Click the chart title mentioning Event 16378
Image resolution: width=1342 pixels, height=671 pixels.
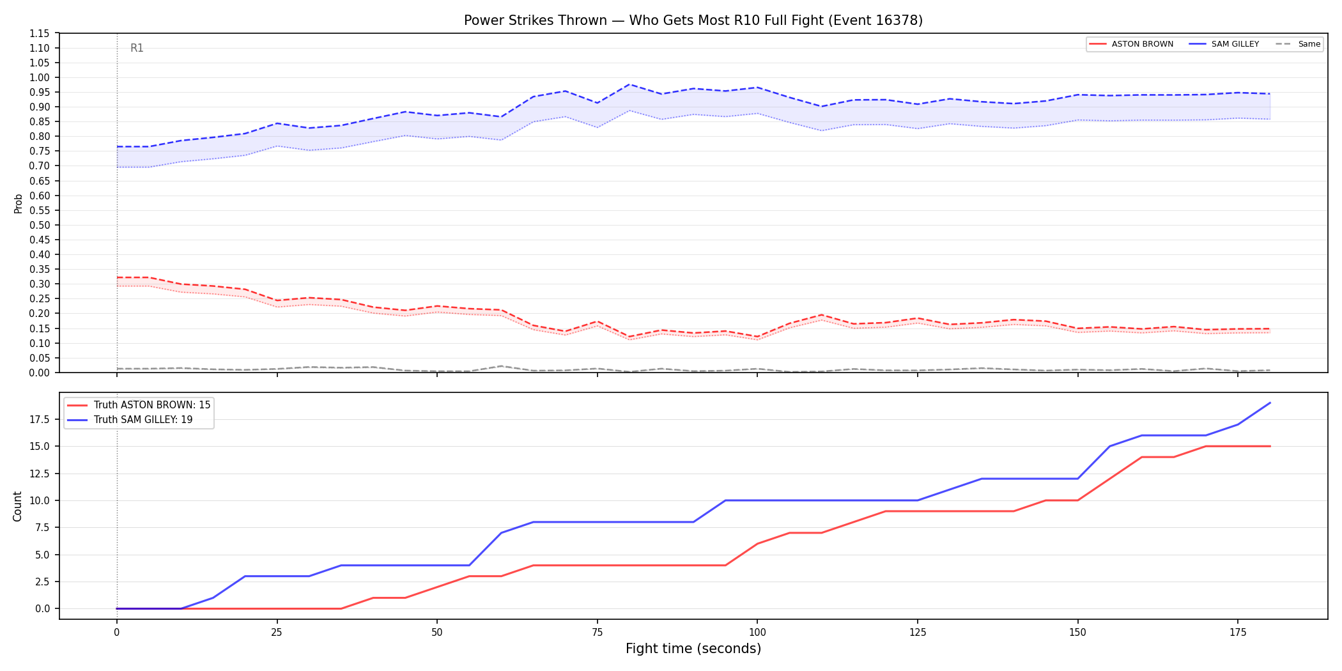click(693, 20)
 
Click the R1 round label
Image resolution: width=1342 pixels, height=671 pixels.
click(137, 48)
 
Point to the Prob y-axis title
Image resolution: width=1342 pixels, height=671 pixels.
click(18, 203)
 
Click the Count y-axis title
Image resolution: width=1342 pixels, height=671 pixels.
click(17, 506)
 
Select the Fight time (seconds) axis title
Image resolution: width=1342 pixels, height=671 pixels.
click(693, 649)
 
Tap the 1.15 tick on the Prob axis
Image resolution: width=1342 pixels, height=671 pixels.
click(40, 33)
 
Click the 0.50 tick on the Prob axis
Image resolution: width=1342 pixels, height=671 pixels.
click(40, 225)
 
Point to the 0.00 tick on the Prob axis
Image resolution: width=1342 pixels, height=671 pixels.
click(40, 373)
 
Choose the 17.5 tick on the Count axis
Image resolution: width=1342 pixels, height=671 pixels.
click(40, 419)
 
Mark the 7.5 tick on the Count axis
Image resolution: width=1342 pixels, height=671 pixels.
click(43, 527)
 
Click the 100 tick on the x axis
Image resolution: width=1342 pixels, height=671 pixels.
click(757, 633)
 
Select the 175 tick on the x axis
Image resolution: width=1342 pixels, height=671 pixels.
click(1238, 633)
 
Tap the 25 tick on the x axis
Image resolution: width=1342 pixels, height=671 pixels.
click(277, 633)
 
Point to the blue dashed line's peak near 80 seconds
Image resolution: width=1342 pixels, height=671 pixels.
click(629, 84)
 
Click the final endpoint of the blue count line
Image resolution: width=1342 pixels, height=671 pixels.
click(1270, 403)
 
